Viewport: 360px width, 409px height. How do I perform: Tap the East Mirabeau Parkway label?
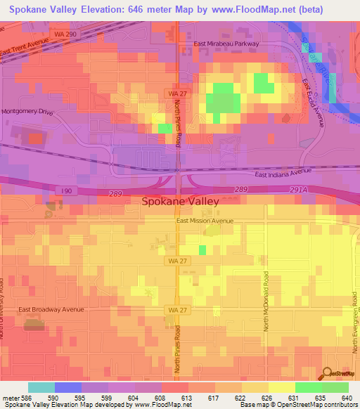(227, 44)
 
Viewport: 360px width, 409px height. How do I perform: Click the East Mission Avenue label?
(204, 221)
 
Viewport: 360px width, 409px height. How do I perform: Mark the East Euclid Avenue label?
(313, 103)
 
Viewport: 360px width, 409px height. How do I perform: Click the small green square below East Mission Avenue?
(202, 249)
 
